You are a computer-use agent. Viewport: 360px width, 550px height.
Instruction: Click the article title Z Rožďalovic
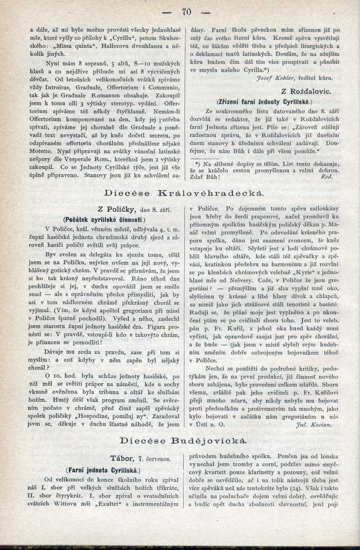[306, 91]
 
